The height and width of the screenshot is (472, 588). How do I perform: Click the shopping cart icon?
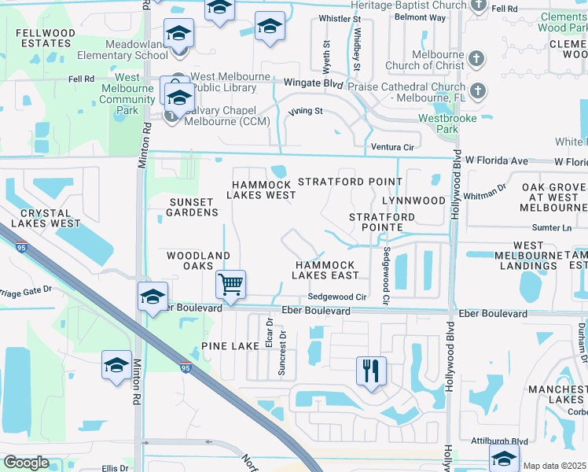(x=230, y=283)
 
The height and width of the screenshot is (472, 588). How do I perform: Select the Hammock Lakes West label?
(x=262, y=189)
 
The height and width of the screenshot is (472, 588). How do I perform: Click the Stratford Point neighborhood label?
(x=350, y=182)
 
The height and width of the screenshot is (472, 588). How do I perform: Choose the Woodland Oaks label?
(x=198, y=261)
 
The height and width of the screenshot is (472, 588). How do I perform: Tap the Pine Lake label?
(x=230, y=346)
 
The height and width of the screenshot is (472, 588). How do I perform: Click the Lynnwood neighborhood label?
(x=413, y=201)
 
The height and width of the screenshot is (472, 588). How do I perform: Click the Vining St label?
(x=307, y=111)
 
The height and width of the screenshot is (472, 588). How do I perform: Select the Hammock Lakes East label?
(x=325, y=270)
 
